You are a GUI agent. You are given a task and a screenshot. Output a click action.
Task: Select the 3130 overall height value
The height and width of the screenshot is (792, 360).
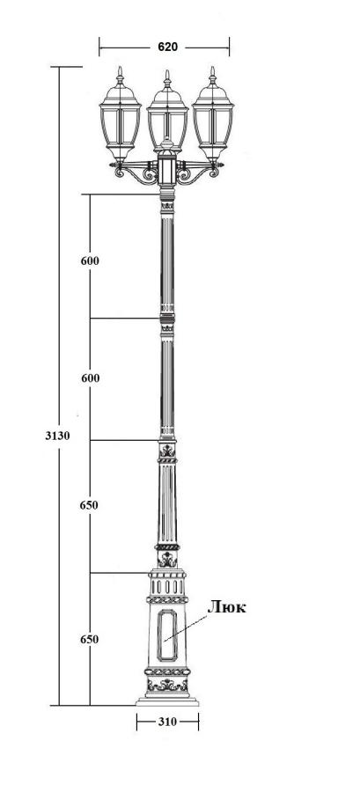coord(56,436)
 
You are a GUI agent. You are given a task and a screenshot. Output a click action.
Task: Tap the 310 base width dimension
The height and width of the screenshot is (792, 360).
coord(167,722)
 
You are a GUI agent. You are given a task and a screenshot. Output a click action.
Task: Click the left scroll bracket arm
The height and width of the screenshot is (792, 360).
coord(136,176)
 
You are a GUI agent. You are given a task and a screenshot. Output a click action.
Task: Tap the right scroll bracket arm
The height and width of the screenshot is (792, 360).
coord(198,176)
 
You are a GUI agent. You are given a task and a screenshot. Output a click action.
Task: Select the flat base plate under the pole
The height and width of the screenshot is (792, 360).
coord(167,701)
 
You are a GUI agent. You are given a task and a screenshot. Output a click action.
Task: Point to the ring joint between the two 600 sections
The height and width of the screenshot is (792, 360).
coord(167,318)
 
